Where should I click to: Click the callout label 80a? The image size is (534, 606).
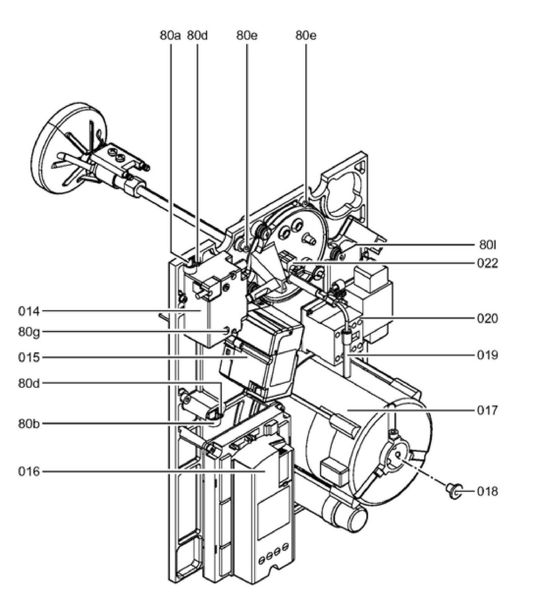(x=170, y=36)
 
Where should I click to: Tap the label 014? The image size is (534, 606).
(x=29, y=312)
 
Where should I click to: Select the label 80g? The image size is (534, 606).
(x=29, y=332)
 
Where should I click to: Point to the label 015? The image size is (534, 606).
(x=29, y=357)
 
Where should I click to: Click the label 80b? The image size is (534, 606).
(x=29, y=423)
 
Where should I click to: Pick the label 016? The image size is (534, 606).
(x=29, y=472)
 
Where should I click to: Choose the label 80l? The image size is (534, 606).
(x=487, y=245)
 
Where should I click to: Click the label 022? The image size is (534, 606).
(x=487, y=263)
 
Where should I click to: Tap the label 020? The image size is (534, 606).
(x=487, y=318)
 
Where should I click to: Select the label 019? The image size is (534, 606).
(x=487, y=355)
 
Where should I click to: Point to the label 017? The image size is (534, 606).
(x=487, y=410)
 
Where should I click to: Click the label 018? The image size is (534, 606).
(x=487, y=492)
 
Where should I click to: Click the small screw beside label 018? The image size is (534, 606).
(x=453, y=490)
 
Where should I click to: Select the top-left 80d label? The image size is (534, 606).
(x=197, y=36)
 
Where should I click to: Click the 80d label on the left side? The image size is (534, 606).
(x=29, y=383)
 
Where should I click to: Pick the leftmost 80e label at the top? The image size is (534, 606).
(x=247, y=36)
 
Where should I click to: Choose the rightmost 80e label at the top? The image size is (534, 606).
(x=306, y=36)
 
